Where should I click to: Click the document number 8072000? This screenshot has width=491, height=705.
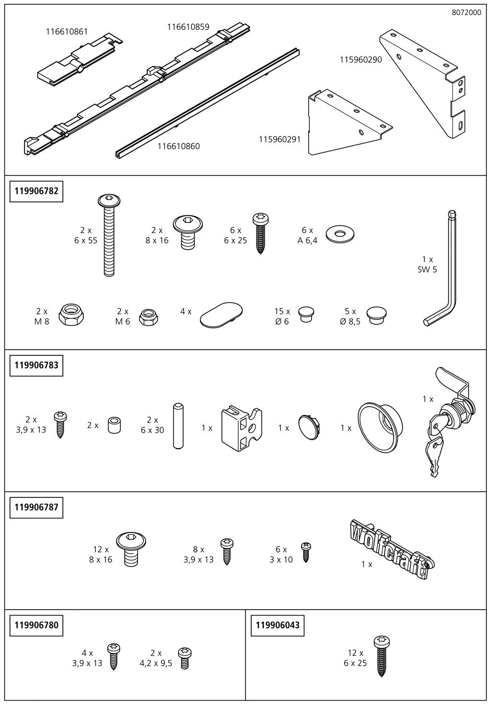point(467,12)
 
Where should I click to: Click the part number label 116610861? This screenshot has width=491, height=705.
point(67,32)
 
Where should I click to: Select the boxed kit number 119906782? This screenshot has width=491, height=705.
point(36,191)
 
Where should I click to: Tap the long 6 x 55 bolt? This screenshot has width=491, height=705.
point(109,235)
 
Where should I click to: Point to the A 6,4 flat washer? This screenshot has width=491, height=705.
point(340,234)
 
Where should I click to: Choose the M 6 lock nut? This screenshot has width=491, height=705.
point(148,317)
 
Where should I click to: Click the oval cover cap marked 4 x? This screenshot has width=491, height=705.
point(222,315)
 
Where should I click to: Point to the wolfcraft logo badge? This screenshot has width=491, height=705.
point(391,550)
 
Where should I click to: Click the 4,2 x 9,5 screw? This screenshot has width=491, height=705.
point(184,658)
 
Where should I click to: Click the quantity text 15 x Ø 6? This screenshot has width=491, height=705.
point(282,317)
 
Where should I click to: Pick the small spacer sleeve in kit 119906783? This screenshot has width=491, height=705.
point(114,426)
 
